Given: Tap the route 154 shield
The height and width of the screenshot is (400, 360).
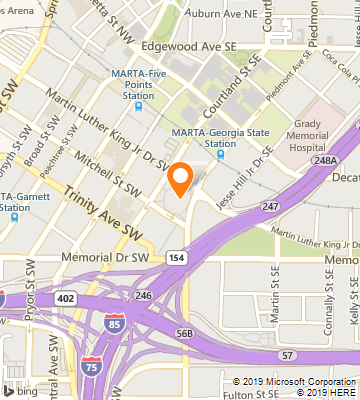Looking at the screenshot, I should click(x=176, y=257).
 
